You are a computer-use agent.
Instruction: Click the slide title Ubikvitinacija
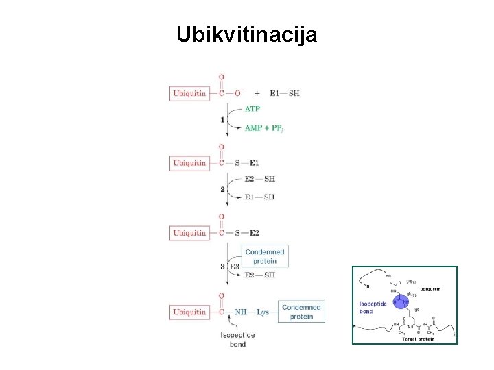[246, 34]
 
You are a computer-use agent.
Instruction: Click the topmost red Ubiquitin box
[189, 93]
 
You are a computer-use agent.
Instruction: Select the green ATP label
[252, 108]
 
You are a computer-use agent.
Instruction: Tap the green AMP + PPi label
[263, 127]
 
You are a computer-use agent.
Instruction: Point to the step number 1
[222, 120]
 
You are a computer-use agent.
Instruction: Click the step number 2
[222, 189]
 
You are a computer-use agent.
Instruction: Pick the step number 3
[222, 266]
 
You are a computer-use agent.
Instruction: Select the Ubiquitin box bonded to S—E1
[189, 163]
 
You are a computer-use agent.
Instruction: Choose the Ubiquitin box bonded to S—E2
[189, 233]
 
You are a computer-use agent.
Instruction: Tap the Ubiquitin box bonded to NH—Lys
[189, 312]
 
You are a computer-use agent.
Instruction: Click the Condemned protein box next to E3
[264, 256]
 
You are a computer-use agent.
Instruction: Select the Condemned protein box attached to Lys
[301, 312]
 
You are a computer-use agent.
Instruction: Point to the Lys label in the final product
[263, 312]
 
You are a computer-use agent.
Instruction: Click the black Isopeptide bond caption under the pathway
[237, 339]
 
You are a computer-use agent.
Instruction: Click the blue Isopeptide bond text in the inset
[373, 306]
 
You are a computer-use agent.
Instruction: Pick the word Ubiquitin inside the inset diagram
[430, 289]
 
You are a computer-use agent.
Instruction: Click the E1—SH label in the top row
[284, 93]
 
